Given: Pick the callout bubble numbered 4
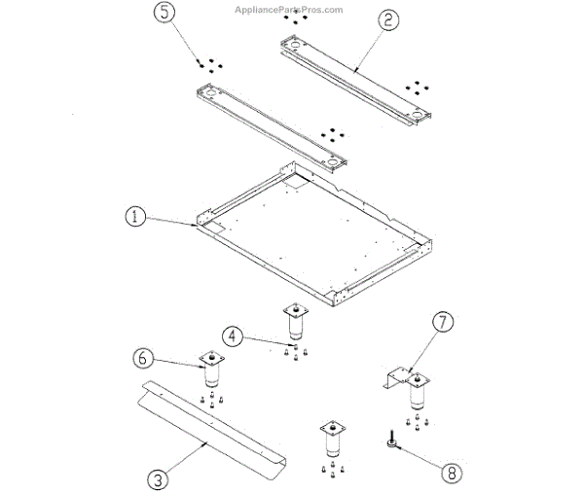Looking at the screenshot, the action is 230,337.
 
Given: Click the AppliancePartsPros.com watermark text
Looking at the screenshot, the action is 289,10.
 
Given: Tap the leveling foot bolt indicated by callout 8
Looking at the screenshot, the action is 390,442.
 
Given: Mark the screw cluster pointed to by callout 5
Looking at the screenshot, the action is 208,64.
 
